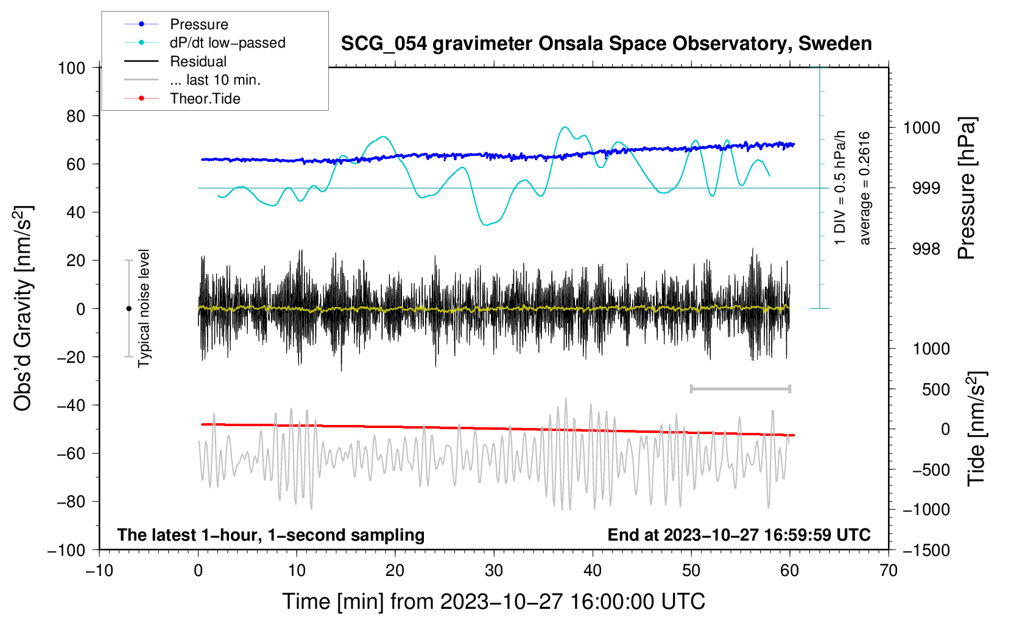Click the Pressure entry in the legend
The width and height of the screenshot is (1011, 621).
199,24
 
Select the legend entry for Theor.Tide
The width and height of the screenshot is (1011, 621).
205,99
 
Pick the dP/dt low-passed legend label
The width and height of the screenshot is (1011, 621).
228,43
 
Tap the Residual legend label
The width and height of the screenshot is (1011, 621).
198,61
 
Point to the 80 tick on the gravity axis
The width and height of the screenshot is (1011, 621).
76,116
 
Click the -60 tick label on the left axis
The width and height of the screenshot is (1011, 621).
71,453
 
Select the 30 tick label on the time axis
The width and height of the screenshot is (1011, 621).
494,570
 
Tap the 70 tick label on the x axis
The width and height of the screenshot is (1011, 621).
888,570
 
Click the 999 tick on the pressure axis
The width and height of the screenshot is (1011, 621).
926,188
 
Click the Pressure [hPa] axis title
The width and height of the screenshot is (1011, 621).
967,188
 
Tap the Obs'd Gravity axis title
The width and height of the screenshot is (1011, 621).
23,308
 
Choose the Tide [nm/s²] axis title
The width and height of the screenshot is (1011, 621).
977,429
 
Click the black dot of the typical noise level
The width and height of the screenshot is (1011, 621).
129,309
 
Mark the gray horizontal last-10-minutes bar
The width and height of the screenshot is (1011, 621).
740,388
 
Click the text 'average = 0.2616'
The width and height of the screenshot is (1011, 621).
864,188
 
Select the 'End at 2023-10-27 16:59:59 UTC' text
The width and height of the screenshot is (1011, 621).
739,535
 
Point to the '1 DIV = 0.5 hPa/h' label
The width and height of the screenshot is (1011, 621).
839,188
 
